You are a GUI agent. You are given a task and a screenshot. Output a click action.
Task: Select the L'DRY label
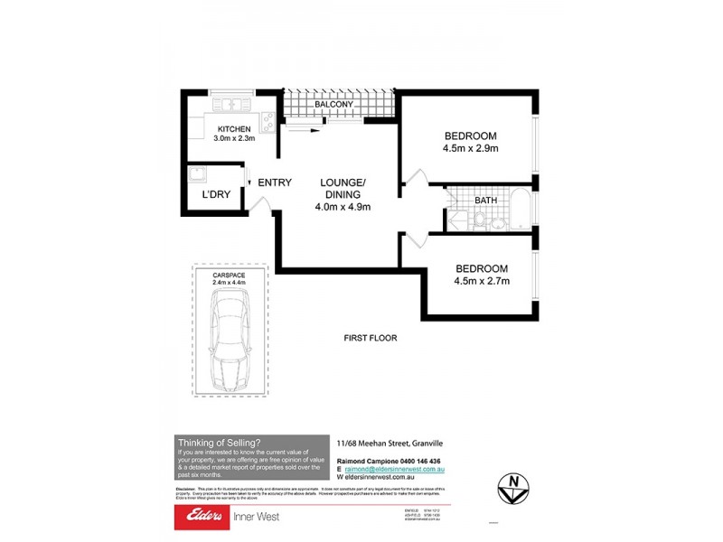point(215,194)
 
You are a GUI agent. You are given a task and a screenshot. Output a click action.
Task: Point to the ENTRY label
point(275,182)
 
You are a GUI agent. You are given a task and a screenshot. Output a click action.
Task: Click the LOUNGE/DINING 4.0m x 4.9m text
point(343,194)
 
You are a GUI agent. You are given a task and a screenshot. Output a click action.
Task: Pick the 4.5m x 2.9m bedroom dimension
point(471,148)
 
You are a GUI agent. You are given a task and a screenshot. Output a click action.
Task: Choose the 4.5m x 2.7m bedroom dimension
point(482,281)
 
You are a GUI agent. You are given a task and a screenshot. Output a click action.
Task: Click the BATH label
point(486,201)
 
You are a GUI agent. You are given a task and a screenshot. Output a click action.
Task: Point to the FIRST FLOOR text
point(371,338)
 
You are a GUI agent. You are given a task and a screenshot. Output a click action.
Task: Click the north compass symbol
point(512,489)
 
